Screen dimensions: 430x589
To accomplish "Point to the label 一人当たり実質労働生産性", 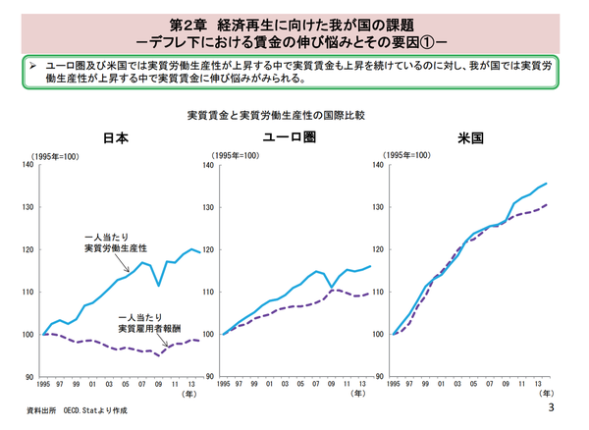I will point(115,244).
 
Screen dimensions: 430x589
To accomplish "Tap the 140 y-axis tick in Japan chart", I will point(29,165).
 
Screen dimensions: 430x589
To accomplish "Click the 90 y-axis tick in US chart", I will point(380,377).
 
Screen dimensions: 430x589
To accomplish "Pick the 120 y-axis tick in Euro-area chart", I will point(208,249).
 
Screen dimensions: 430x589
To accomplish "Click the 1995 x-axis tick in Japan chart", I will point(43,385).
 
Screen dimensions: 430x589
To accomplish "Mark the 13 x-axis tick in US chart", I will point(540,385).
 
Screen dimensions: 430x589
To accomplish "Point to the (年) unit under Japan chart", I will point(187,394).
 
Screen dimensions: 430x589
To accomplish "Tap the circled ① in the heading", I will point(424,42).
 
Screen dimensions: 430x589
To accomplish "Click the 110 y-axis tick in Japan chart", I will point(29,292).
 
